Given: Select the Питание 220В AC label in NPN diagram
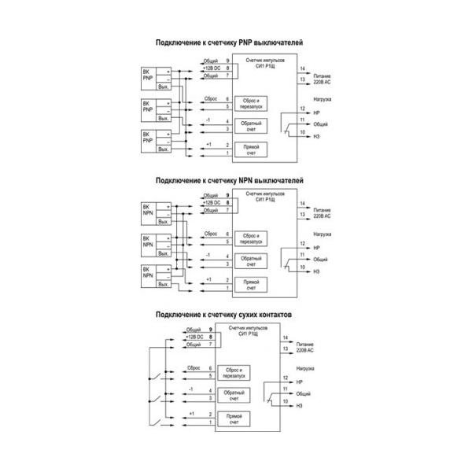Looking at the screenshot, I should pos(322,212).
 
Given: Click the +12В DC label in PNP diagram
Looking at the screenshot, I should pos(212,68).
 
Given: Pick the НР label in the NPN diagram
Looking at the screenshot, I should pos(316,248).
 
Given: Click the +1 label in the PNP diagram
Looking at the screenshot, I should pos(208,145).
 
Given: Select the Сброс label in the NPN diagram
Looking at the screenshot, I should pos(210,234).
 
